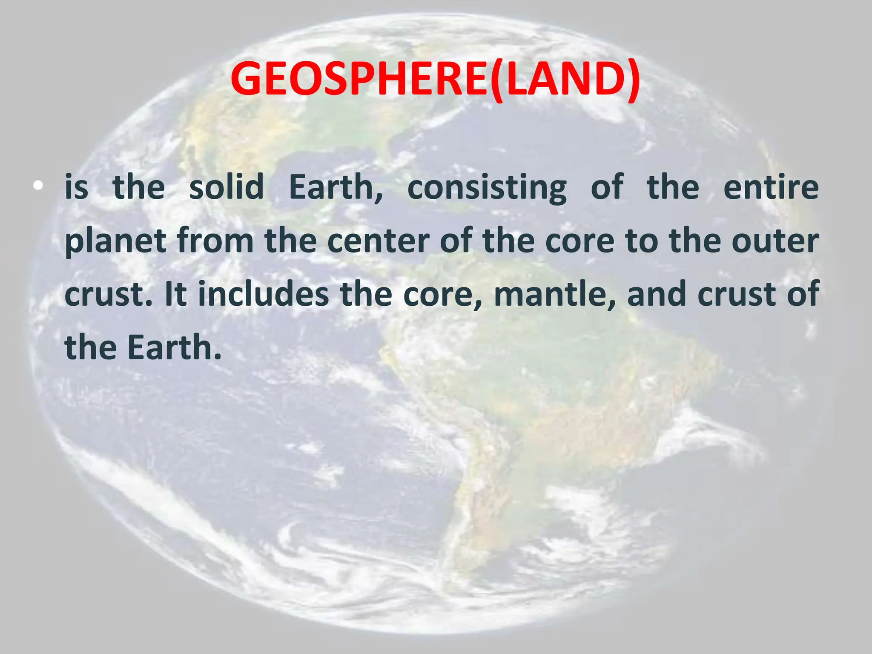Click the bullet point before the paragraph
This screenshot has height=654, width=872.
[x=39, y=186]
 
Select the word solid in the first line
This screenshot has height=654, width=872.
[x=227, y=187]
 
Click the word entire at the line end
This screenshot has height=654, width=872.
[x=771, y=187]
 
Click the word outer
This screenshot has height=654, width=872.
[x=775, y=241]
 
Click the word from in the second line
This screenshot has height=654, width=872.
[x=215, y=241]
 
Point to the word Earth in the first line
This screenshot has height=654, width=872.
[x=336, y=187]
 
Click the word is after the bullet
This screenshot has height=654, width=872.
[x=77, y=187]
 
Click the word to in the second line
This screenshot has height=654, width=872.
[x=641, y=241]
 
